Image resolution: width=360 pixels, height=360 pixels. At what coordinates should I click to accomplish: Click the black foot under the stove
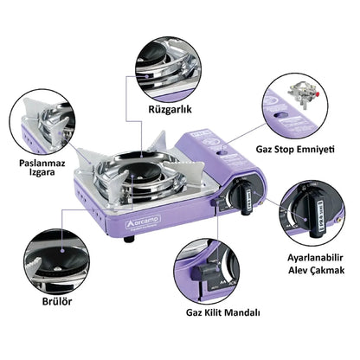(128, 261)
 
